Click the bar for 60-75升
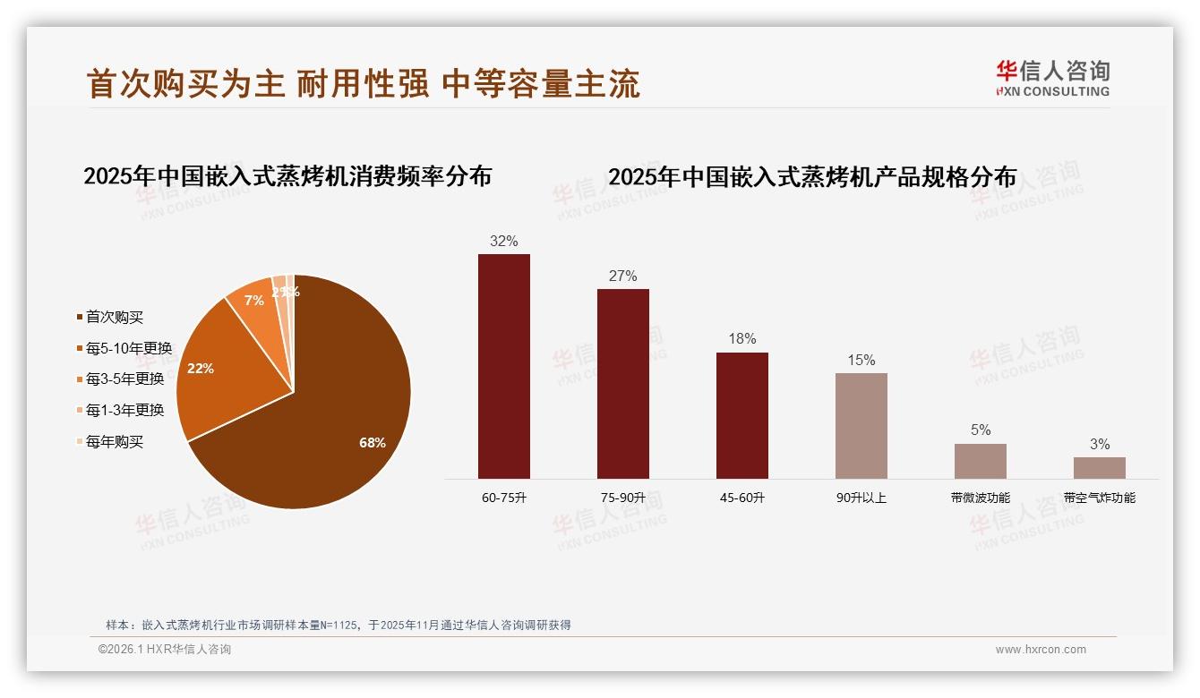504,366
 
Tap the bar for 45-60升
742,415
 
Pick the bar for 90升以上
861,425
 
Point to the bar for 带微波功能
981,461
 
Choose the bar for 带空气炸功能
1100,467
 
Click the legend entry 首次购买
114,317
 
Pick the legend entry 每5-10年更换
128,348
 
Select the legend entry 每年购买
114,441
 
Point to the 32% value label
504,241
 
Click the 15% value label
861,360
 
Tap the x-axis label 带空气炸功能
1100,498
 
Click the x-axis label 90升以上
861,498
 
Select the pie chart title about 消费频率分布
287,176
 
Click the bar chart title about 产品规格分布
812,177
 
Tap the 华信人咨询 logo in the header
1053,79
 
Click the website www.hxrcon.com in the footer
1041,650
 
